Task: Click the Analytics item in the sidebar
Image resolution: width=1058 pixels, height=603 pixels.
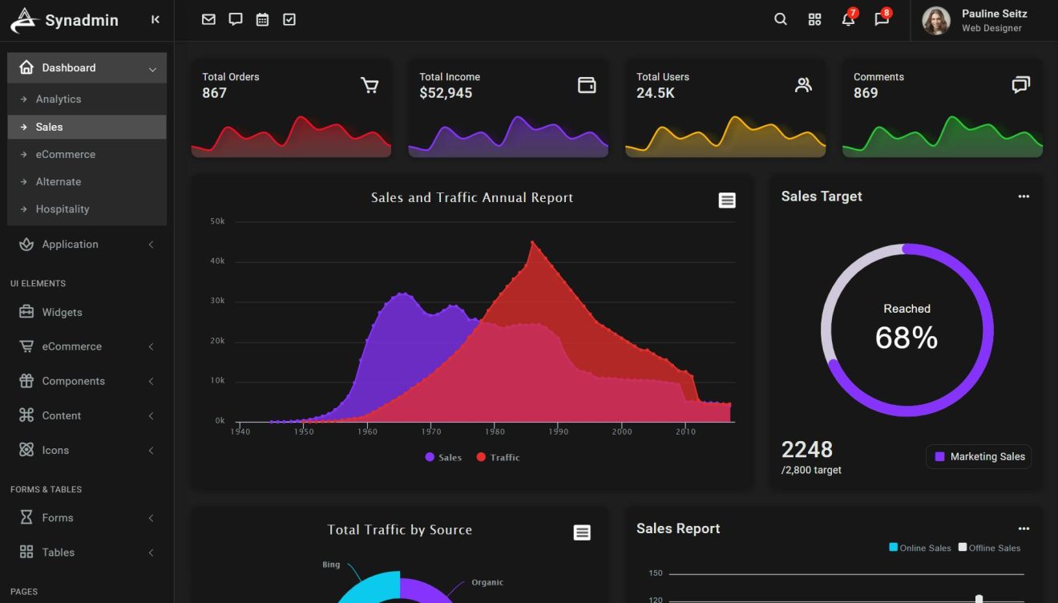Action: (x=59, y=99)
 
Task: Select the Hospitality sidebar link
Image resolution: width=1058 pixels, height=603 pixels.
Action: (x=63, y=209)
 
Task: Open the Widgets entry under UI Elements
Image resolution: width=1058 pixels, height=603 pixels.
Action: (x=62, y=313)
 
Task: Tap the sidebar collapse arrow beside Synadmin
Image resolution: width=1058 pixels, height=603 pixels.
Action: (x=155, y=20)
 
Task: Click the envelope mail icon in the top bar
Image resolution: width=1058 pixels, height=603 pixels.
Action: (x=208, y=20)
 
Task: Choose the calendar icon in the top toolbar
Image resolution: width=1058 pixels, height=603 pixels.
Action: (x=262, y=20)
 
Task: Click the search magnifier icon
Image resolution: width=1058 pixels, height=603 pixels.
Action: (x=780, y=20)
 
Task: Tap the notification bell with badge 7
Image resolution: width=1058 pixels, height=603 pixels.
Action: (x=848, y=20)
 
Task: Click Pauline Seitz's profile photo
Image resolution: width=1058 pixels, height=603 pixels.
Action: (x=935, y=21)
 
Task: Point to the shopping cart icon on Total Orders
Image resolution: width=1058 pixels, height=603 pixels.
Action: (x=369, y=86)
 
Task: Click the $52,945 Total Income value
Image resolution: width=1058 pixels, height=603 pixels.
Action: (x=446, y=93)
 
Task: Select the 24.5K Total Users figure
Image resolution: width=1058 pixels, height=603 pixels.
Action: (x=656, y=93)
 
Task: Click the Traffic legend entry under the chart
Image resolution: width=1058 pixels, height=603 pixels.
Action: (x=498, y=458)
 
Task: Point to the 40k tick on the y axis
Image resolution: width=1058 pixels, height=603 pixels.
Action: (x=217, y=261)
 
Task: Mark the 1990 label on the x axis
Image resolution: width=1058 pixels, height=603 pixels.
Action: (x=558, y=431)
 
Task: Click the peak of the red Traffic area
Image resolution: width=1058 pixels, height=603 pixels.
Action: (x=532, y=242)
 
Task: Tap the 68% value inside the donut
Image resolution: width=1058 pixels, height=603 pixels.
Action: (x=907, y=338)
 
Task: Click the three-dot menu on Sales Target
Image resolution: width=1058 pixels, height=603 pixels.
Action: (x=1024, y=196)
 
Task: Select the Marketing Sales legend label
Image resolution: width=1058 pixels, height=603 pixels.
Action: (x=987, y=457)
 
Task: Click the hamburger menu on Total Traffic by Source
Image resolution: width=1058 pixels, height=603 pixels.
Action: (x=582, y=532)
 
